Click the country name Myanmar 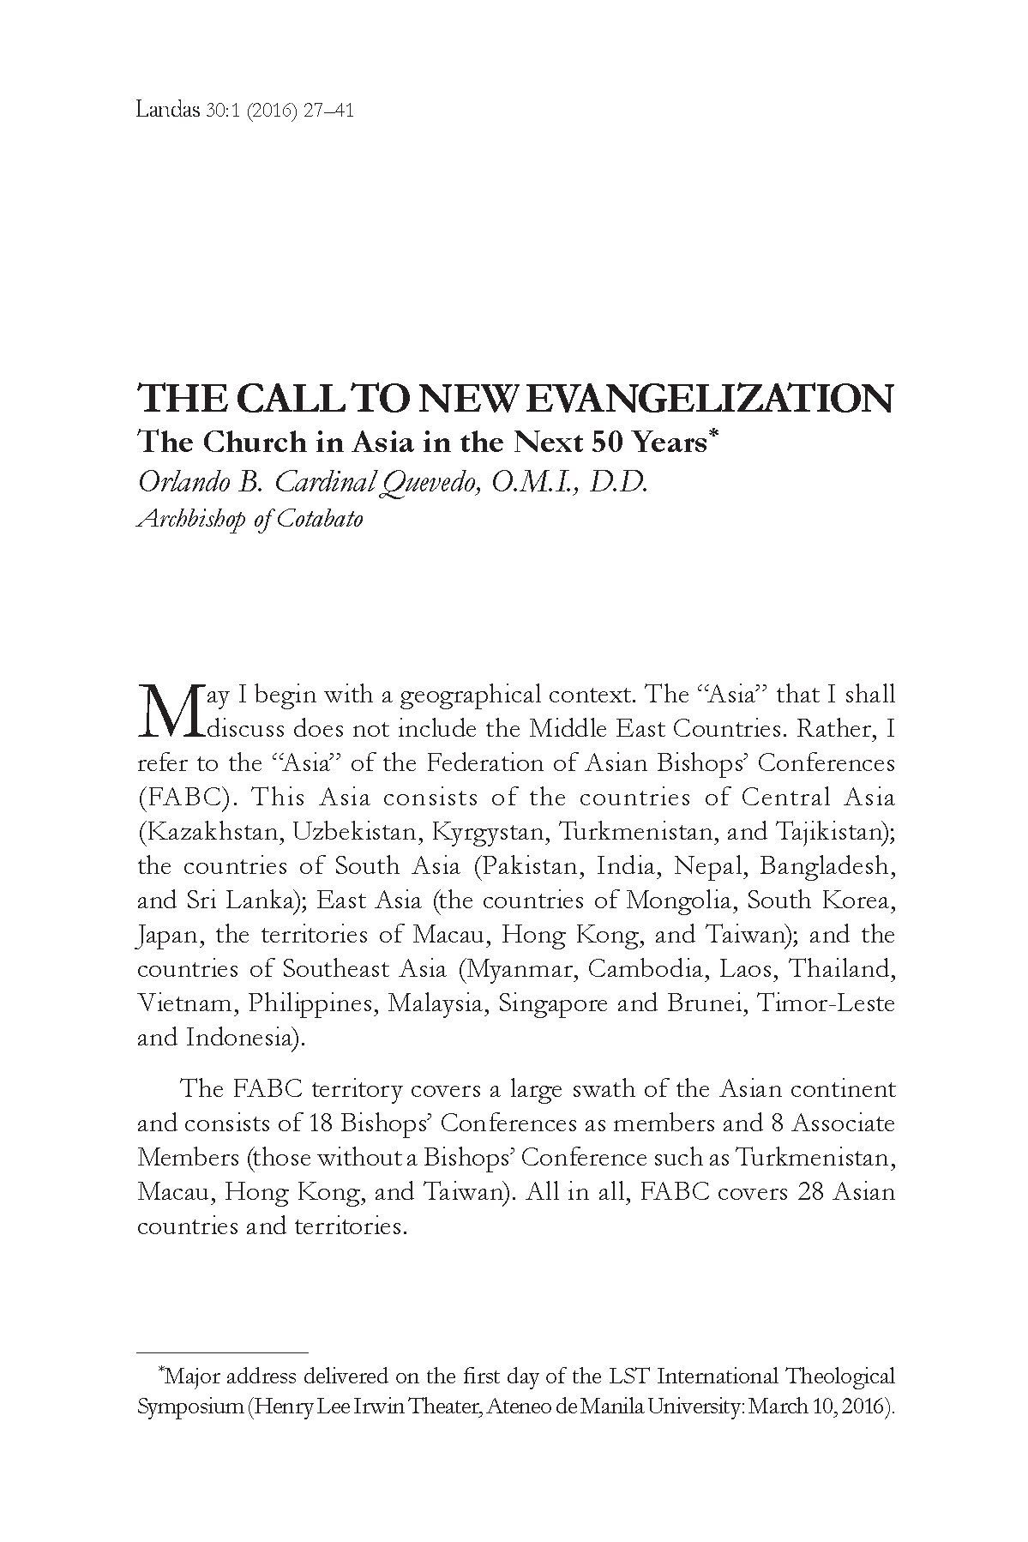[514, 969]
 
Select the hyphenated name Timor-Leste [826, 1003]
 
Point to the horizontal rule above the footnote [222, 1352]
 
